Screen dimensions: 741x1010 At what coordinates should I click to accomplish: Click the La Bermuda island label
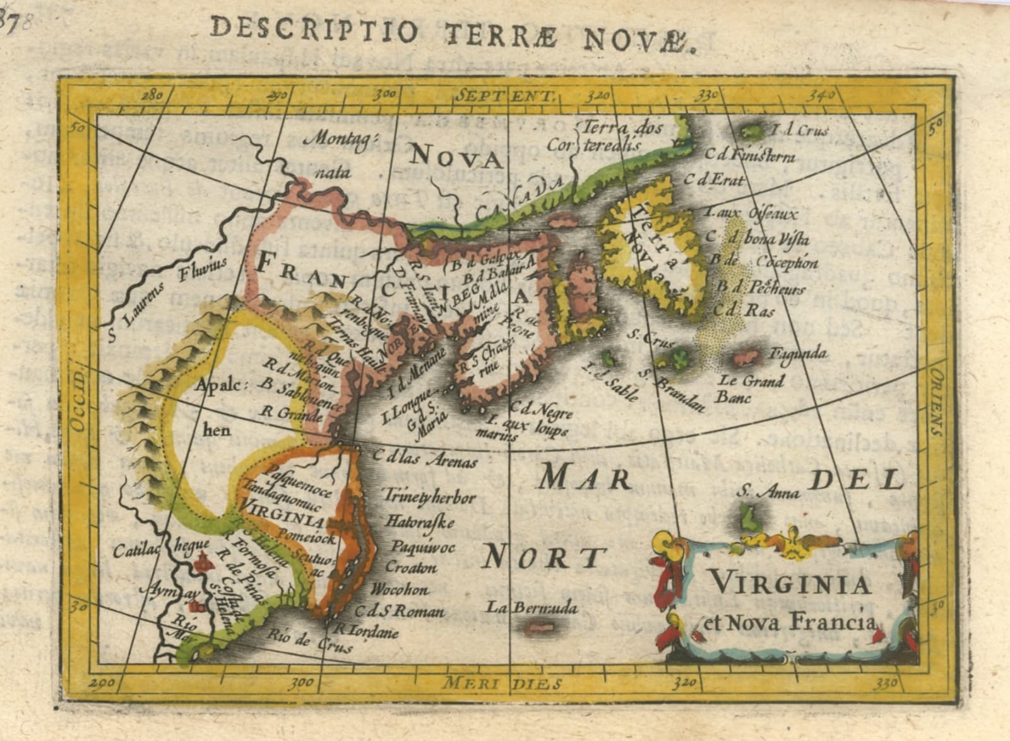point(532,608)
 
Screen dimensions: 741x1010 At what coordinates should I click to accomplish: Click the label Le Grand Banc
point(751,389)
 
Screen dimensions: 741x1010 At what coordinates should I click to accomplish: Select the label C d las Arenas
point(424,458)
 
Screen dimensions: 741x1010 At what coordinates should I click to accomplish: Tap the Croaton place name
point(410,567)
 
